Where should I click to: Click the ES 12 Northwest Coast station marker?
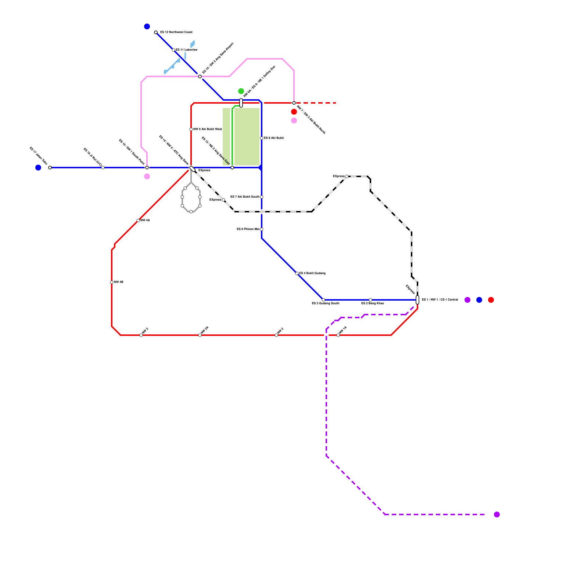pos(156,32)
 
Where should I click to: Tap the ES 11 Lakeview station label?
pos(186,50)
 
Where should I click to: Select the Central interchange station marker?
pos(417,300)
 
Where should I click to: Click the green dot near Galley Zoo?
pos(241,91)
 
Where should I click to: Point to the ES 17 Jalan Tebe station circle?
pos(50,168)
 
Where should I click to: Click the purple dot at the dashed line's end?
pos(497,514)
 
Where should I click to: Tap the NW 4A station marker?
pos(138,220)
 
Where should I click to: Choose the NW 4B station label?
pos(118,282)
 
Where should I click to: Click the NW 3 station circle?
pos(141,335)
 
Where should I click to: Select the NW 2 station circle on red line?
pos(276,335)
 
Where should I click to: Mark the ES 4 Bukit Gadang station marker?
pos(297,273)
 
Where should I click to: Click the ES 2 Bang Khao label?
pos(372,304)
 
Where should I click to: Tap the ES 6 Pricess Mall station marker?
pos(262,229)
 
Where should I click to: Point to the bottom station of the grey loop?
pos(191,212)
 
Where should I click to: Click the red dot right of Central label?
pos(491,300)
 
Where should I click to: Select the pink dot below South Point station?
pos(147,176)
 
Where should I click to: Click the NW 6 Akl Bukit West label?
pos(207,129)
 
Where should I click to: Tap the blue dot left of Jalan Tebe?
pos(38,168)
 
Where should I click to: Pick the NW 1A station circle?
pos(338,335)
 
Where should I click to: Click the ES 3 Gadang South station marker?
pos(323,300)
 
